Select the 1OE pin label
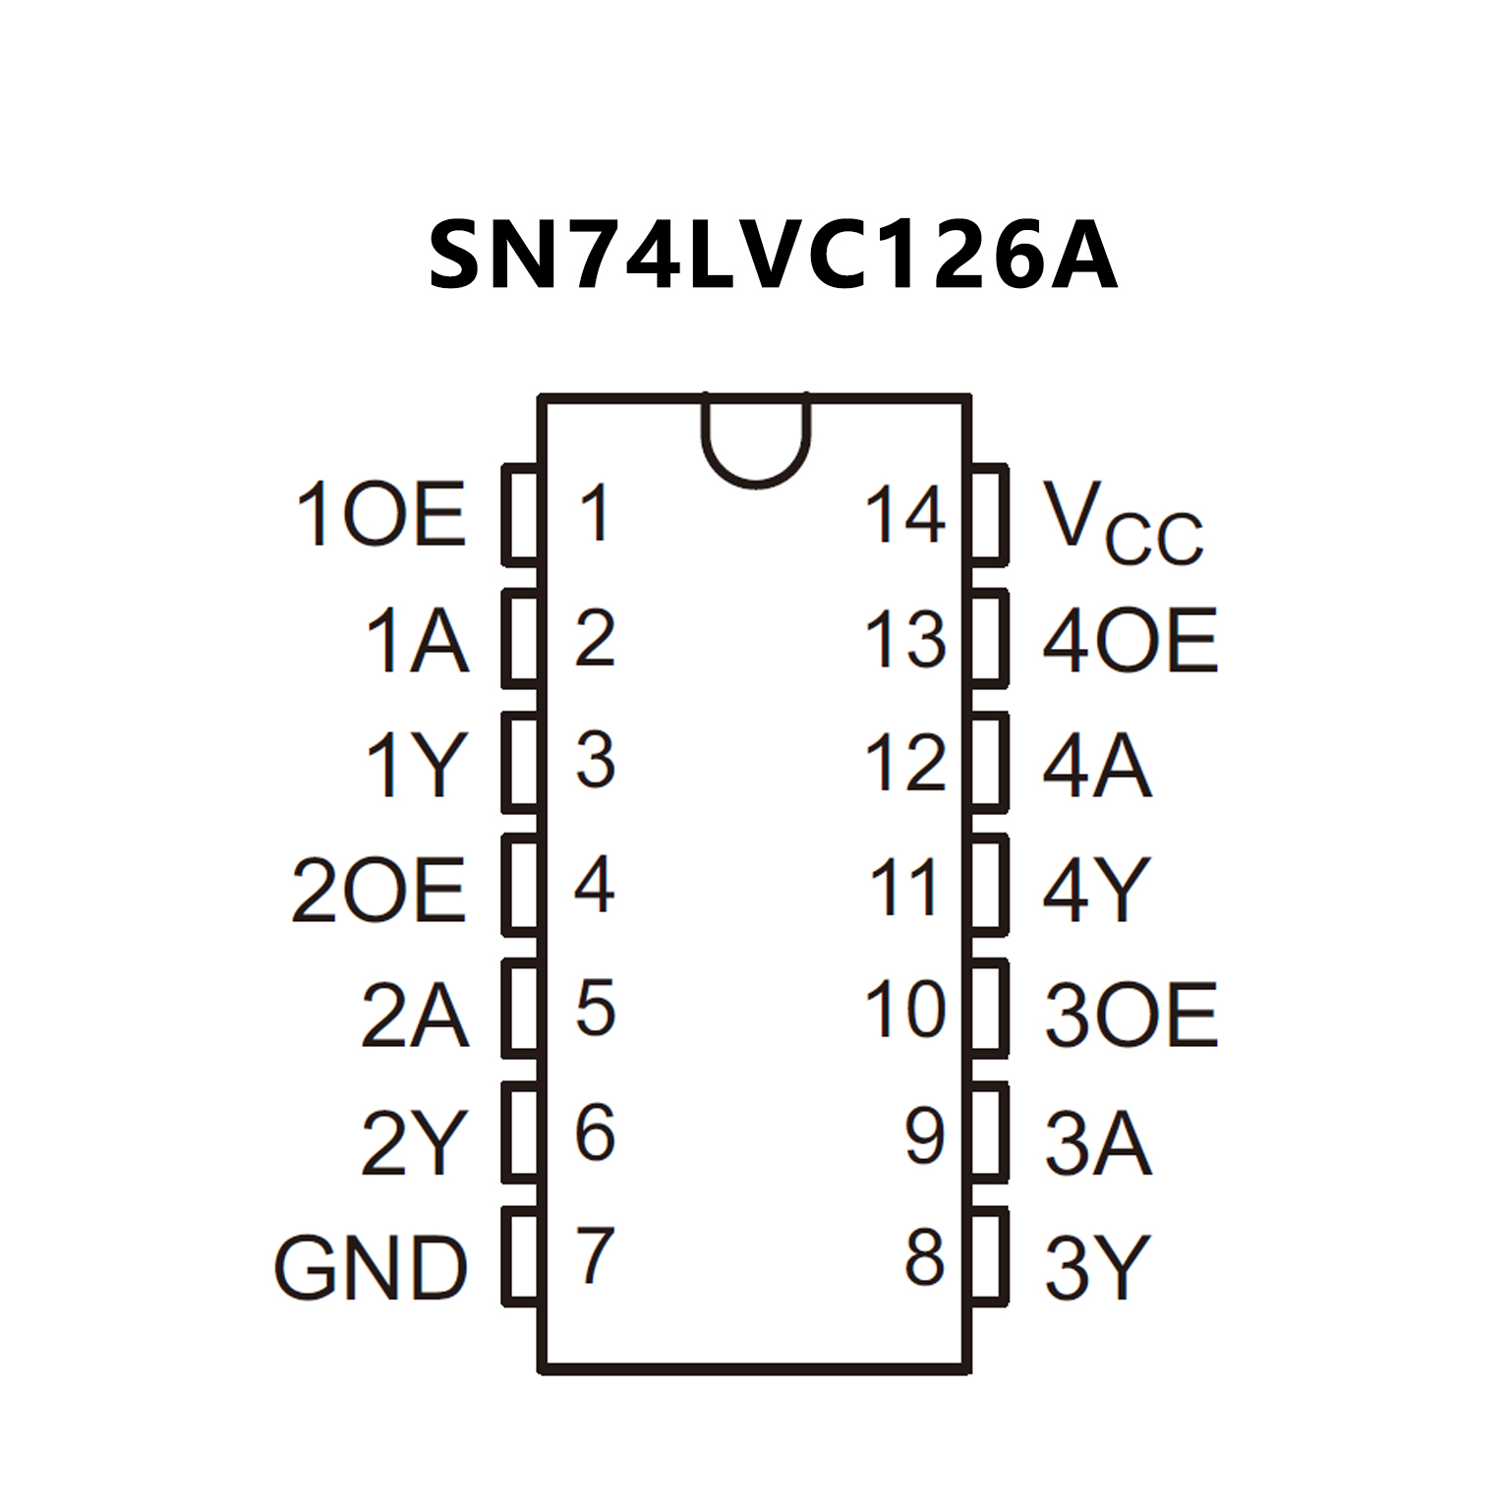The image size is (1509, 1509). pos(380,514)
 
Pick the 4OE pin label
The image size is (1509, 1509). pos(1131,640)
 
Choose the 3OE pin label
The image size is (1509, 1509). pos(1131,1014)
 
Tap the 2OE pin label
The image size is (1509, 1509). pos(378,890)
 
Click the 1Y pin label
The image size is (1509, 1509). pos(415,765)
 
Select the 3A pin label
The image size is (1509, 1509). pos(1097,1142)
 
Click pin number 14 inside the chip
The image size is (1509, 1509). pos(904,514)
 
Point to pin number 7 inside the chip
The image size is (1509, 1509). pos(595,1255)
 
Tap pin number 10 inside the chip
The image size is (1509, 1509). pos(904,1010)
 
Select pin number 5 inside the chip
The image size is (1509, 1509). pos(595,1008)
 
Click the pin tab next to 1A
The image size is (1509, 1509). pos(521,639)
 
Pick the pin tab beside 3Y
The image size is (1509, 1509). pos(990,1256)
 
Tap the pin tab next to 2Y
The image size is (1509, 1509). pos(521,1132)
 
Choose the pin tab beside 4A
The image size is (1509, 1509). pos(990,763)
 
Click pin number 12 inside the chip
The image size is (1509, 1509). pos(904,763)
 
